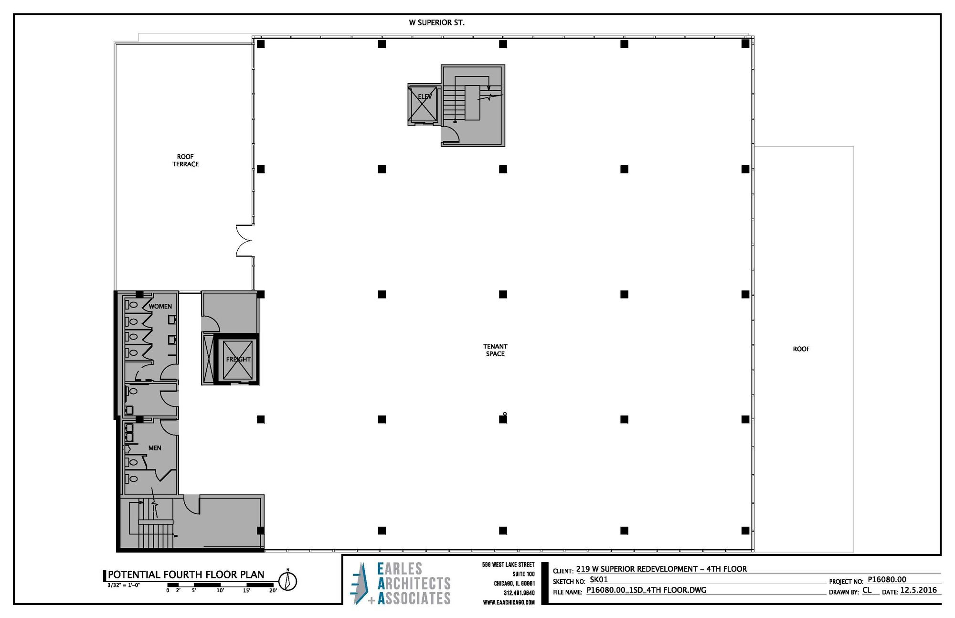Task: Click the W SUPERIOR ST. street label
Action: [x=436, y=22]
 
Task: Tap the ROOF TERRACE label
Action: [x=185, y=160]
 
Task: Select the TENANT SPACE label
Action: [x=495, y=350]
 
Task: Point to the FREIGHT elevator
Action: [x=238, y=359]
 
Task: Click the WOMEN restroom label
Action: [x=160, y=307]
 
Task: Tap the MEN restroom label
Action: [x=155, y=448]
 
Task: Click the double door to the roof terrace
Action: [x=244, y=241]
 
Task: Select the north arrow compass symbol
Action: [x=287, y=581]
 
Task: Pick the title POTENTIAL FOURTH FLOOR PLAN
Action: [x=186, y=575]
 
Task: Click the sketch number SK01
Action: [x=599, y=580]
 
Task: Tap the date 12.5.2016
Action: [x=919, y=590]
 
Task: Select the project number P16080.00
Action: [x=887, y=580]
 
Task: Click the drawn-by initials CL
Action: [x=867, y=590]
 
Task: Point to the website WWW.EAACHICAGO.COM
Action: [x=509, y=603]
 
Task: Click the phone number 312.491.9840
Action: [x=519, y=593]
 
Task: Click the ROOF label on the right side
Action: [x=801, y=349]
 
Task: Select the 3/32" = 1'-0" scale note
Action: [x=124, y=585]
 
